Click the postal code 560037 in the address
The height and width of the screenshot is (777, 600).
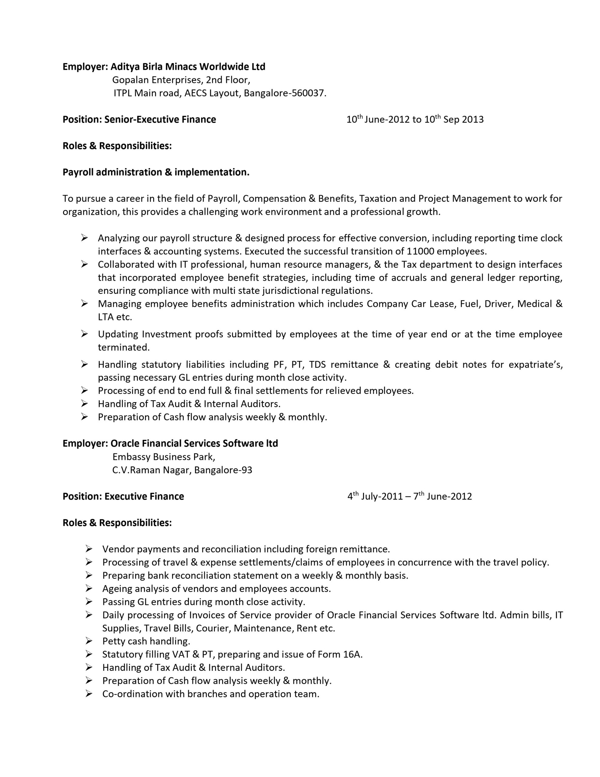click(x=308, y=93)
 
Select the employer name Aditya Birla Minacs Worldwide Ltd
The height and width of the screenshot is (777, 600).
click(x=188, y=66)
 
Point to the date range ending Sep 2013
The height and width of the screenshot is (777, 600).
click(x=415, y=119)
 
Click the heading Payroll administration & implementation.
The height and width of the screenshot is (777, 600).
click(x=156, y=172)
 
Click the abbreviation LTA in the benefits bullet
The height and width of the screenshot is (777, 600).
click(x=106, y=317)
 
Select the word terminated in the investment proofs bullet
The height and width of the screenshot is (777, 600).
click(x=124, y=347)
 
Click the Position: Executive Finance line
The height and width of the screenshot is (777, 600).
click(x=123, y=496)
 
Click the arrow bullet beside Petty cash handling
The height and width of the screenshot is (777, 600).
click(x=89, y=641)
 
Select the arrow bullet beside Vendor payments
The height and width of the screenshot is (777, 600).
click(x=89, y=549)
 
